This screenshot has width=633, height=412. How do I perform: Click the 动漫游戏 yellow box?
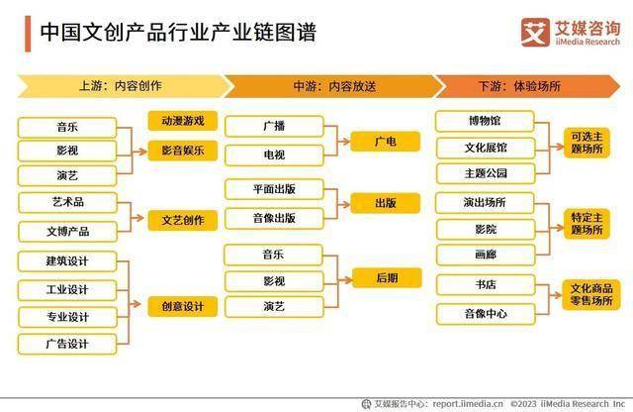(x=182, y=121)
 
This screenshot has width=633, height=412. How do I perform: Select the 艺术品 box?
(x=67, y=202)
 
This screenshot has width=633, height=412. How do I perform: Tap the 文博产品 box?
(x=67, y=232)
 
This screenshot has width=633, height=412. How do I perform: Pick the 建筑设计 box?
(x=67, y=261)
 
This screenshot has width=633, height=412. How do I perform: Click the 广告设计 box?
(x=67, y=344)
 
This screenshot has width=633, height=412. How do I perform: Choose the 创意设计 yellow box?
(x=182, y=306)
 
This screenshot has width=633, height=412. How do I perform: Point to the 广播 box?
(x=274, y=126)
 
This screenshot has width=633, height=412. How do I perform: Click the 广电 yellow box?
(x=385, y=142)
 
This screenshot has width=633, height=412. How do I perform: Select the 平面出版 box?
(x=274, y=189)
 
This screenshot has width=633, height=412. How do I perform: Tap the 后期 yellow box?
(x=387, y=277)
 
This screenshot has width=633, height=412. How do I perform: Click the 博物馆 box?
(x=485, y=121)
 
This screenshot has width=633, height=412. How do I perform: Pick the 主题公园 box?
(x=486, y=173)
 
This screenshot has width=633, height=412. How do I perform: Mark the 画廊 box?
(x=486, y=255)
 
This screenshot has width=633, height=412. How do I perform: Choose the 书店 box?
(x=486, y=285)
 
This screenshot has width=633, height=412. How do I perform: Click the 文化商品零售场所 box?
(x=591, y=295)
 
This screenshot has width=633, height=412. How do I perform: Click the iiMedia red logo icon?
(x=535, y=33)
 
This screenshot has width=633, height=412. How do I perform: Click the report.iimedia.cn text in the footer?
(x=468, y=403)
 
